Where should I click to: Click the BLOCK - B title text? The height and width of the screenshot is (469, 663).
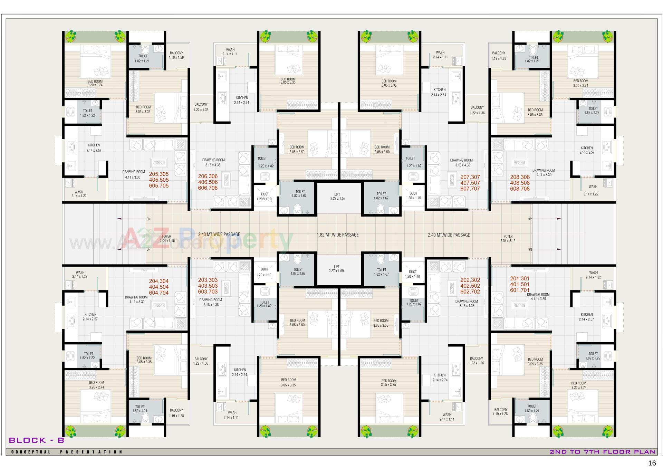pyautogui.click(x=36, y=440)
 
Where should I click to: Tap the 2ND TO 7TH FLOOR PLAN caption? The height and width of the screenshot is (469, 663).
pyautogui.click(x=602, y=452)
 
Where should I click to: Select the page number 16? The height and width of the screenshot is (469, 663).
pyautogui.click(x=652, y=463)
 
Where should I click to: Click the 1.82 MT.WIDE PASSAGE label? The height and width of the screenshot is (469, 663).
pyautogui.click(x=337, y=235)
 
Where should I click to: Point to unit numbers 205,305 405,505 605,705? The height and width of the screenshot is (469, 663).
pyautogui.click(x=159, y=180)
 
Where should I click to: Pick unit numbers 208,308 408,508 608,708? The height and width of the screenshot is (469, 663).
pyautogui.click(x=520, y=183)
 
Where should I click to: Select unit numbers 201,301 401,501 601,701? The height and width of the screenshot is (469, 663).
pyautogui.click(x=520, y=284)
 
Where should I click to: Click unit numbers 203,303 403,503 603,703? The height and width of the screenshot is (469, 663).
pyautogui.click(x=208, y=286)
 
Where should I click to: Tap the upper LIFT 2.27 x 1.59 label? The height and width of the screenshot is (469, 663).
pyautogui.click(x=337, y=197)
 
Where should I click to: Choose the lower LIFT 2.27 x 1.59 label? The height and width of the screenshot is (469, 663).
pyautogui.click(x=337, y=269)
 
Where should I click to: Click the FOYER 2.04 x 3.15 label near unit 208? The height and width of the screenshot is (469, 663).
pyautogui.click(x=508, y=239)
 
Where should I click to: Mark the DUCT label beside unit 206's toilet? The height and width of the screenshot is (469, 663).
pyautogui.click(x=265, y=197)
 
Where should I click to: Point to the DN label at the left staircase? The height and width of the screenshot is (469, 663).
pyautogui.click(x=148, y=219)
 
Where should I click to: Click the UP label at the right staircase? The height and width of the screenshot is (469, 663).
pyautogui.click(x=530, y=219)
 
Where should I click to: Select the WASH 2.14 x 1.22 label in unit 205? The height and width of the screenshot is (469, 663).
pyautogui.click(x=79, y=194)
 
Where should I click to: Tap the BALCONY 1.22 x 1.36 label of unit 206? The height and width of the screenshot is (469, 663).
pyautogui.click(x=201, y=107)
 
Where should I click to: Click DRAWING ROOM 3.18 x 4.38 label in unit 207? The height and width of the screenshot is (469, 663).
pyautogui.click(x=461, y=163)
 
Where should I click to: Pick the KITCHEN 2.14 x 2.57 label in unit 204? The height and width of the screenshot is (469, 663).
pyautogui.click(x=90, y=317)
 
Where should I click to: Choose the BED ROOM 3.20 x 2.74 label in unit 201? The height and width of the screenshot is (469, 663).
pyautogui.click(x=578, y=385)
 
